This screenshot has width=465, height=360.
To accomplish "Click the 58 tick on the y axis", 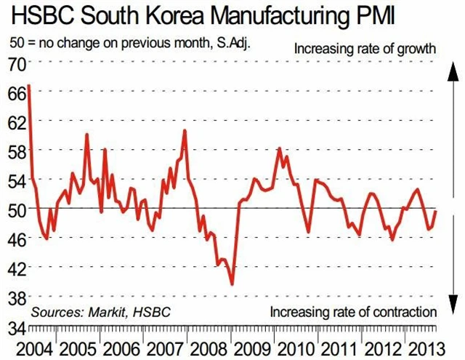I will pyautogui.click(x=16, y=151).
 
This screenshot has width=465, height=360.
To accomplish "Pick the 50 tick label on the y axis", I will pyautogui.click(x=16, y=209).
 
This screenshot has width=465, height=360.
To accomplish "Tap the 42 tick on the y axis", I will pyautogui.click(x=16, y=268).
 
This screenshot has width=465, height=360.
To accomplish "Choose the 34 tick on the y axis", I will pyautogui.click(x=16, y=327).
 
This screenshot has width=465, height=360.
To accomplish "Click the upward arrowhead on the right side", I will pyautogui.click(x=452, y=69).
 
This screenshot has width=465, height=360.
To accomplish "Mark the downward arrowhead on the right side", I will pyautogui.click(x=452, y=306).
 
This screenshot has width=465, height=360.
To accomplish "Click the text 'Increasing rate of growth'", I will pyautogui.click(x=365, y=49).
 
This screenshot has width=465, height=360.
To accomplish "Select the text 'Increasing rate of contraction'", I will pyautogui.click(x=353, y=312).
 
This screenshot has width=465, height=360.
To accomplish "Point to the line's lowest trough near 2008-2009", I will pyautogui.click(x=232, y=284).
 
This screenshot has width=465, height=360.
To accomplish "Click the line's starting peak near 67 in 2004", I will pyautogui.click(x=29, y=87).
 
